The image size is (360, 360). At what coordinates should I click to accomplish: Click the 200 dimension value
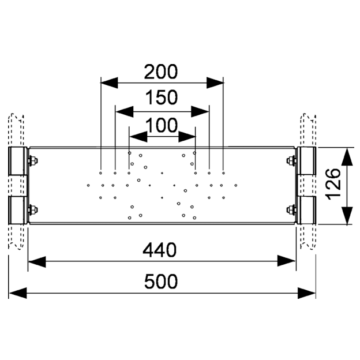[x=161, y=72]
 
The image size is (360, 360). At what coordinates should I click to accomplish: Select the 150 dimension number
[x=162, y=97]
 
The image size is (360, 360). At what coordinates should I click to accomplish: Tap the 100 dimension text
[x=162, y=125]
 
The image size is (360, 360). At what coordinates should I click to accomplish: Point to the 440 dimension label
[x=160, y=250]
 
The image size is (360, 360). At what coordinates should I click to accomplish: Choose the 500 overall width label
[x=161, y=282]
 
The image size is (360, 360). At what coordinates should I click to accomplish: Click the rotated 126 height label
[x=333, y=185]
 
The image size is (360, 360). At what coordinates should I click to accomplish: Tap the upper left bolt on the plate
[x=33, y=160]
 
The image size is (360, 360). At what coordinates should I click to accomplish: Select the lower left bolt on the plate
[x=33, y=210]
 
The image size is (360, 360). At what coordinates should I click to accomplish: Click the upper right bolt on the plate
[x=291, y=160]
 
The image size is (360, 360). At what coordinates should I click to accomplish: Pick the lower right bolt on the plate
[x=291, y=209]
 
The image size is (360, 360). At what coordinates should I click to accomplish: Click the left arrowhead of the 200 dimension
[x=109, y=82]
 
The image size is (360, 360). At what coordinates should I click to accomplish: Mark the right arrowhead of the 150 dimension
[x=200, y=111]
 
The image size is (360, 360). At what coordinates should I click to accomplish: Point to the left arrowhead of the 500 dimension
[x=18, y=293]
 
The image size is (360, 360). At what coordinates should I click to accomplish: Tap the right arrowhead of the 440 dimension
[x=286, y=261]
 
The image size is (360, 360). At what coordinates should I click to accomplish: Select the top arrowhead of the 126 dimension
[x=347, y=157]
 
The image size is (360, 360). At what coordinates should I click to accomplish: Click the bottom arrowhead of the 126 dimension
[x=347, y=216]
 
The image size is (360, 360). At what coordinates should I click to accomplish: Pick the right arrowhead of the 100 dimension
[x=187, y=137]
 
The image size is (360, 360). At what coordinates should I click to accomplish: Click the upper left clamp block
[x=18, y=161]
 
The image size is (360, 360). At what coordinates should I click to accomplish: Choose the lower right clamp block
[x=306, y=210]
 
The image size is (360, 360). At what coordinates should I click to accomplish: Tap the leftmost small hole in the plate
[x=88, y=185]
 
